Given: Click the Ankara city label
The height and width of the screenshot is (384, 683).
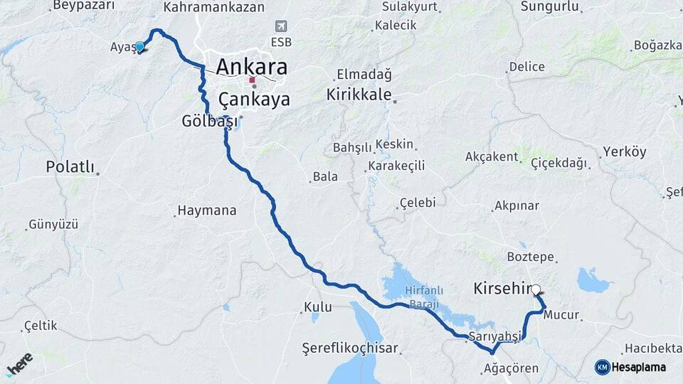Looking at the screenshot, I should click(x=252, y=67).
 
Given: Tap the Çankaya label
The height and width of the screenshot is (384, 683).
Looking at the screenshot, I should click(x=254, y=99).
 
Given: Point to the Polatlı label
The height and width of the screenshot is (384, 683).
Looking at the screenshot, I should click(x=70, y=167).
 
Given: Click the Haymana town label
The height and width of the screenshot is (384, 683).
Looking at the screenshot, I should click(x=206, y=210).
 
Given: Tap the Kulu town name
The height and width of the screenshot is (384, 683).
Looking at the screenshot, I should click(x=318, y=307).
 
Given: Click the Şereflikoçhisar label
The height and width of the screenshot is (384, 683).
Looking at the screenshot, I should click(x=350, y=349).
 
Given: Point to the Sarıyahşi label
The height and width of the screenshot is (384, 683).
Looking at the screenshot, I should click(x=495, y=336).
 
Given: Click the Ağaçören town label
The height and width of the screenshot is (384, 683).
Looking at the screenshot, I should click(x=510, y=368).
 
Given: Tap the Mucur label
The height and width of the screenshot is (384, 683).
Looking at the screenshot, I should click(x=561, y=315).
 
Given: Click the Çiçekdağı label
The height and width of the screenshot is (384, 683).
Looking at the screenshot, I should click(x=559, y=163).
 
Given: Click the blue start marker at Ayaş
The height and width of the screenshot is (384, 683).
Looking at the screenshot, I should click(x=140, y=47).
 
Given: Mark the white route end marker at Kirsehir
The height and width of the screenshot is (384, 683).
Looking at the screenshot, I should click(x=536, y=289).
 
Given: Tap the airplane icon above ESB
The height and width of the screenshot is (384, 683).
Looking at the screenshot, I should click(x=282, y=26).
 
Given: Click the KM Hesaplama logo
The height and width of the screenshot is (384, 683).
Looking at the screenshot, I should click(x=630, y=367).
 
